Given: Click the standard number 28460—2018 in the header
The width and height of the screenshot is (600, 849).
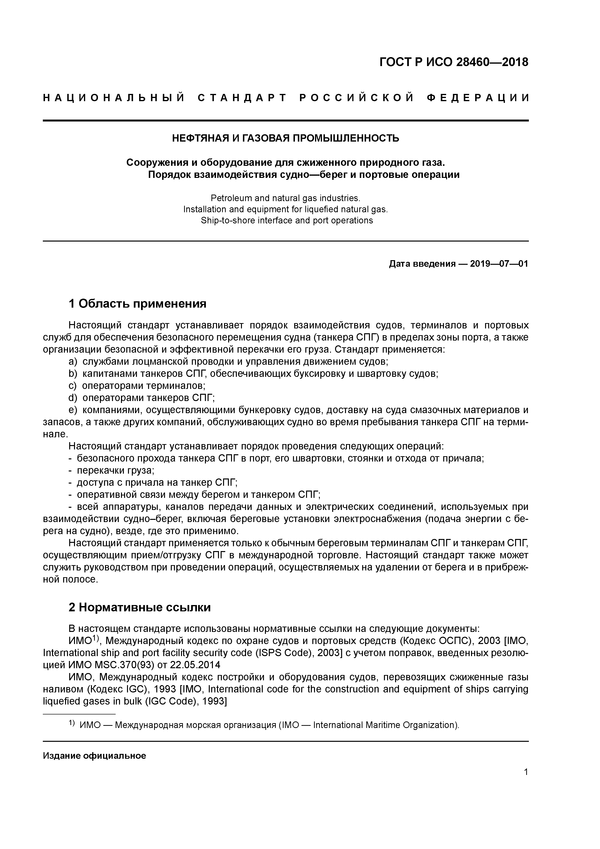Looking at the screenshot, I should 492,62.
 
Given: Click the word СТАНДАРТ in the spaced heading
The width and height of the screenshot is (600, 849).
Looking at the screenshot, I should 242,98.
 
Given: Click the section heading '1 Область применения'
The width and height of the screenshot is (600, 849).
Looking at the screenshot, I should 137,303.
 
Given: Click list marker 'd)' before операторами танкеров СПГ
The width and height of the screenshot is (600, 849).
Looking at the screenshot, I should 73,397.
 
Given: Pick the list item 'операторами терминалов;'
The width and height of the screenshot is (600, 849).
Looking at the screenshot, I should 143,386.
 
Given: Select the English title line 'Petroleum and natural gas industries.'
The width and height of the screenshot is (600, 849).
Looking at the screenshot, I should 285,198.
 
